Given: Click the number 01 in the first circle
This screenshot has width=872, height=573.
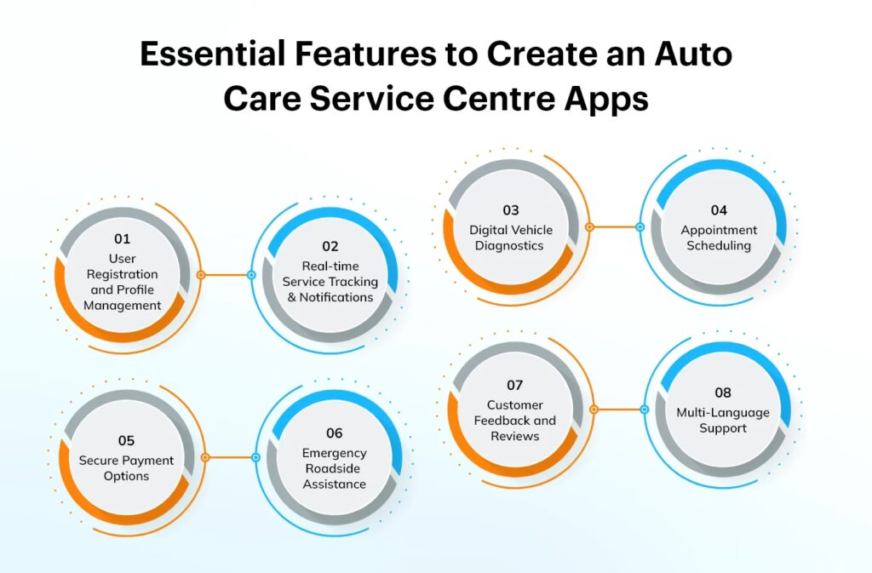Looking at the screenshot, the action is (x=123, y=239).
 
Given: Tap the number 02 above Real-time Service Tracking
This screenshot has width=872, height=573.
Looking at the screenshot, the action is (x=330, y=246).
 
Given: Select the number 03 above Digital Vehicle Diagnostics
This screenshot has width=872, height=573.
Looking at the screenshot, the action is (x=511, y=210).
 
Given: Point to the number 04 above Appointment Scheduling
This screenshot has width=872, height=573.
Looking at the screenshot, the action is (x=719, y=210).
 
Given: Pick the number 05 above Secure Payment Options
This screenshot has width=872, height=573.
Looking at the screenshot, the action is (x=126, y=441).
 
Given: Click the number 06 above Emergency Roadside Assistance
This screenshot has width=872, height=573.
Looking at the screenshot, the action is (x=334, y=433).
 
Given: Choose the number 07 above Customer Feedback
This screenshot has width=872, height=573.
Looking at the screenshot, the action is (x=514, y=385).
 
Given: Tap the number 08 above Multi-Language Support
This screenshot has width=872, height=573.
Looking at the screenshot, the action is (x=723, y=393).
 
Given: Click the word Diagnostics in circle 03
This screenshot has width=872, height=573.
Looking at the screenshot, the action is (x=509, y=246).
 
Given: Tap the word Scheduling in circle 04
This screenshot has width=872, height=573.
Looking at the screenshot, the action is (x=719, y=246).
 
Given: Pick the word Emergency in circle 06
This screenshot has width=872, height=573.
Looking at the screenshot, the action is (x=334, y=454).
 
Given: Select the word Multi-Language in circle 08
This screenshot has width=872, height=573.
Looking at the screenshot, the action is (x=723, y=413).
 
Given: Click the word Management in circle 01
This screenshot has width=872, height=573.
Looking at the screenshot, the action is (x=123, y=306).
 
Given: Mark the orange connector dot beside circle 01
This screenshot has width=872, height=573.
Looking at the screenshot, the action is (x=201, y=275).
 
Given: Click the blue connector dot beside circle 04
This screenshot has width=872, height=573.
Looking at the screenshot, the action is (x=640, y=226).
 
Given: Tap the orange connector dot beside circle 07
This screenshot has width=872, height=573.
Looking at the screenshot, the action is (x=594, y=410).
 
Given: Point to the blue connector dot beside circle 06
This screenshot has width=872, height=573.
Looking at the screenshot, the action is (x=255, y=457).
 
